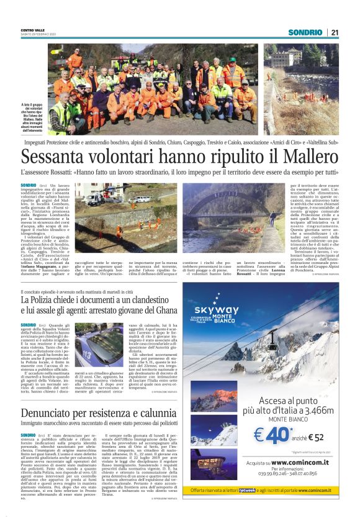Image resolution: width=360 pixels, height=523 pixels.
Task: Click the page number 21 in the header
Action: tap(335, 32)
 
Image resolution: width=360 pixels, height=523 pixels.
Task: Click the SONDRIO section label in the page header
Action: tap(305, 32)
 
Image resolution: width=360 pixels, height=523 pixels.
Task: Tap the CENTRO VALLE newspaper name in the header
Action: tap(34, 30)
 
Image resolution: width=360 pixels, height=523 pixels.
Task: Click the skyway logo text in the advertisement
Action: tap(215, 310)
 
